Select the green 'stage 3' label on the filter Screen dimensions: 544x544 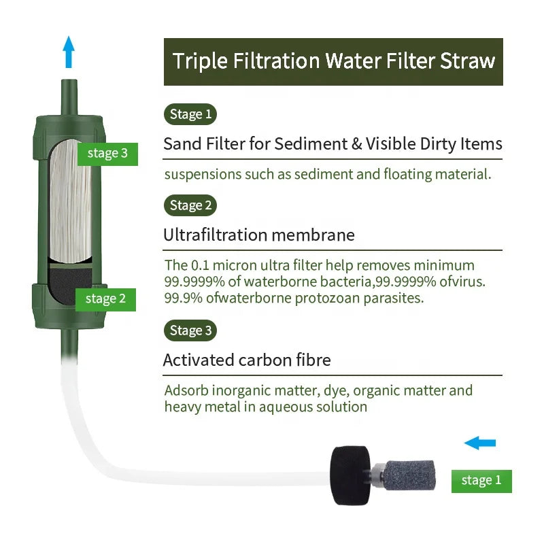[x=107, y=154]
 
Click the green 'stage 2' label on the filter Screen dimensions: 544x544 [x=105, y=299]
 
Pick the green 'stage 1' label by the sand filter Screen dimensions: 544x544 [x=481, y=480]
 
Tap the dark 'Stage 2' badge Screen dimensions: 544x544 [x=190, y=205]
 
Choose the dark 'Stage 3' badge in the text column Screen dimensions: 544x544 [x=190, y=330]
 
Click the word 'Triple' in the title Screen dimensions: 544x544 [x=197, y=61]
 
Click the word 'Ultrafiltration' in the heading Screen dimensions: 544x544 [x=215, y=235]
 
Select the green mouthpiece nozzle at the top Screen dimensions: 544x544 [x=68, y=92]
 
